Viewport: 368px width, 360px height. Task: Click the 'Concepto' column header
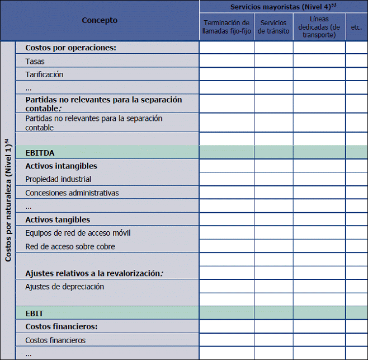click(x=100, y=20)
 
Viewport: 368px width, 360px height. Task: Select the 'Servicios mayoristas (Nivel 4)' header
click(x=283, y=7)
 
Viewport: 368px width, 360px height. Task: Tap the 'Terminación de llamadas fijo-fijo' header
click(x=227, y=27)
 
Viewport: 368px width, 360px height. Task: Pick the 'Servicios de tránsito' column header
click(x=273, y=27)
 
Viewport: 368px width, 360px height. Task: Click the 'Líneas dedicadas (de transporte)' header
click(x=319, y=27)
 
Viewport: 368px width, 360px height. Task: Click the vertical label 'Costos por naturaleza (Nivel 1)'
click(x=8, y=200)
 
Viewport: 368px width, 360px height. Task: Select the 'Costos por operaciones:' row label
click(x=70, y=48)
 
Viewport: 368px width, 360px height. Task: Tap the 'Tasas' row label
click(x=35, y=61)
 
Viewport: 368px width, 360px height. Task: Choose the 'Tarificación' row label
click(x=44, y=74)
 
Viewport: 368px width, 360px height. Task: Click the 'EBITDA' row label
click(x=40, y=152)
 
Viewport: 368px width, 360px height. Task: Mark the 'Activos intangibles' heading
click(x=61, y=166)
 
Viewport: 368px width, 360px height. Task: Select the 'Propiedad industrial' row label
click(x=58, y=179)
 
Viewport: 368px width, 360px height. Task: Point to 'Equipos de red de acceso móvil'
click(x=78, y=233)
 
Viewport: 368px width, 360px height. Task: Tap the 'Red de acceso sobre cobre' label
click(x=70, y=246)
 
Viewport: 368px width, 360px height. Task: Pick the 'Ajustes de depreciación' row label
click(x=64, y=287)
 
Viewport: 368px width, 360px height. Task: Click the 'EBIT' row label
click(x=34, y=313)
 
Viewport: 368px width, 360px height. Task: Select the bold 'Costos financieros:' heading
click(x=62, y=326)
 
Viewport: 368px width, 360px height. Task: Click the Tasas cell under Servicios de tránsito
click(x=273, y=61)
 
